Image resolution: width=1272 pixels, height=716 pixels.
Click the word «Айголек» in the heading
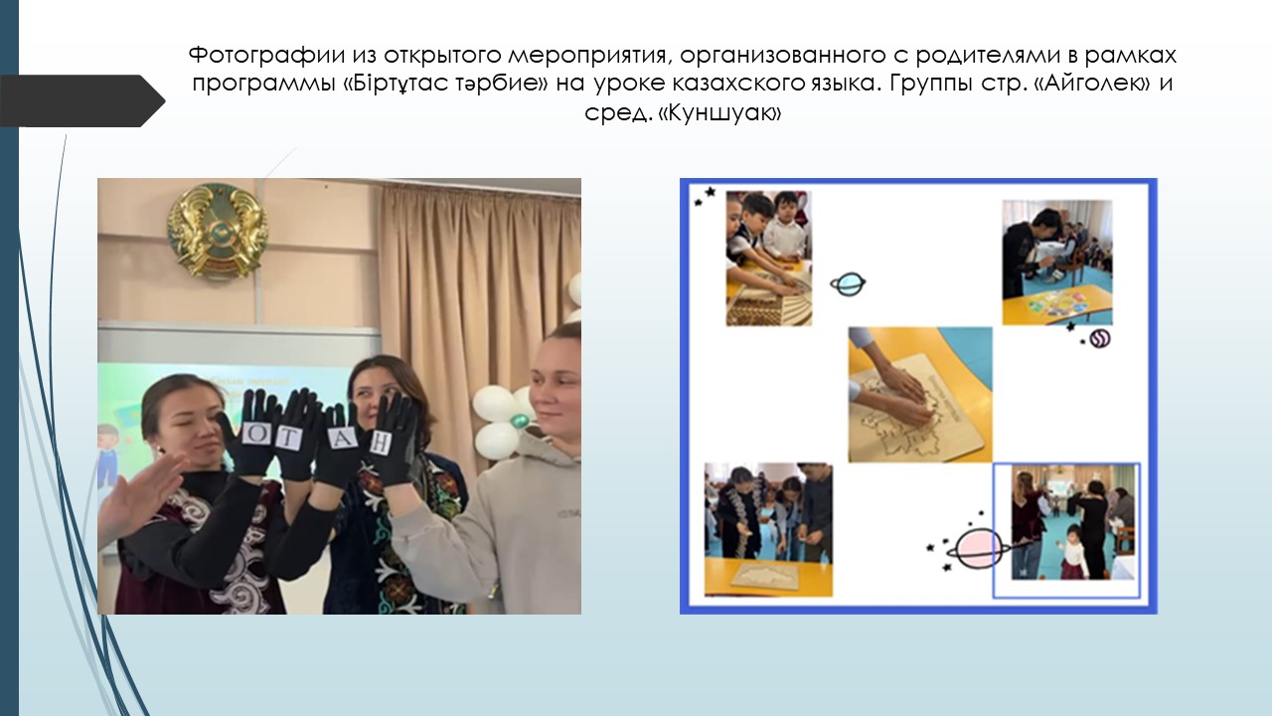1094,84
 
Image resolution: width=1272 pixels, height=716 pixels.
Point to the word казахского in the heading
738,84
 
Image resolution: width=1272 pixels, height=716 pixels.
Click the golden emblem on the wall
218,230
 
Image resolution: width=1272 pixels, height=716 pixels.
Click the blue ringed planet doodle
849,283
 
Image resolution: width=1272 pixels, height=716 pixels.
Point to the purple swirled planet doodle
1100,339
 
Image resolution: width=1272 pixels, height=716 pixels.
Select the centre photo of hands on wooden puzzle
920,395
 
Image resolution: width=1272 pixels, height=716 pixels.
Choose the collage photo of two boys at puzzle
769,259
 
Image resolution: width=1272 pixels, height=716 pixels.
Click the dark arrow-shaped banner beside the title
82,100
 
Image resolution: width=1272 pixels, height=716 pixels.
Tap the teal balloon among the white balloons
519,421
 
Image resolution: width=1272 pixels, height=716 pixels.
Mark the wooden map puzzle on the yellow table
764,574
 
